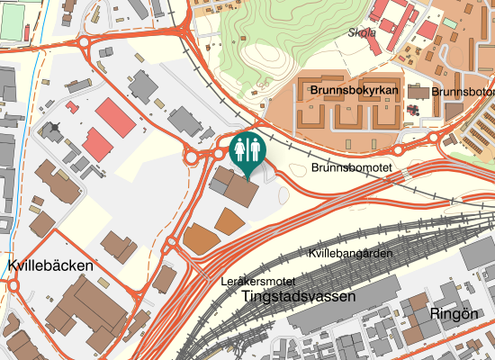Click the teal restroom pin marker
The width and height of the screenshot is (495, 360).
coord(247,150)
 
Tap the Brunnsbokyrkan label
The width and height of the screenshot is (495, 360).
coord(354,91)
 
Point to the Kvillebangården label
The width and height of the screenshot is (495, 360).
coord(351,254)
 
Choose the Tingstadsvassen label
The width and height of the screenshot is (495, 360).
coord(300,296)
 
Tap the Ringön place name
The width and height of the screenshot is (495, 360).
coord(454,314)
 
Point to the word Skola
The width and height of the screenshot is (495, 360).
coord(361,32)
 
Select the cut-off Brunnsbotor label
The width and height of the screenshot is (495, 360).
coord(463,91)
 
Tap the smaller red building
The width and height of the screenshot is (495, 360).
coord(97,142)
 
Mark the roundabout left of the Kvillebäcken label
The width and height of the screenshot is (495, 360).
coord(13,285)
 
